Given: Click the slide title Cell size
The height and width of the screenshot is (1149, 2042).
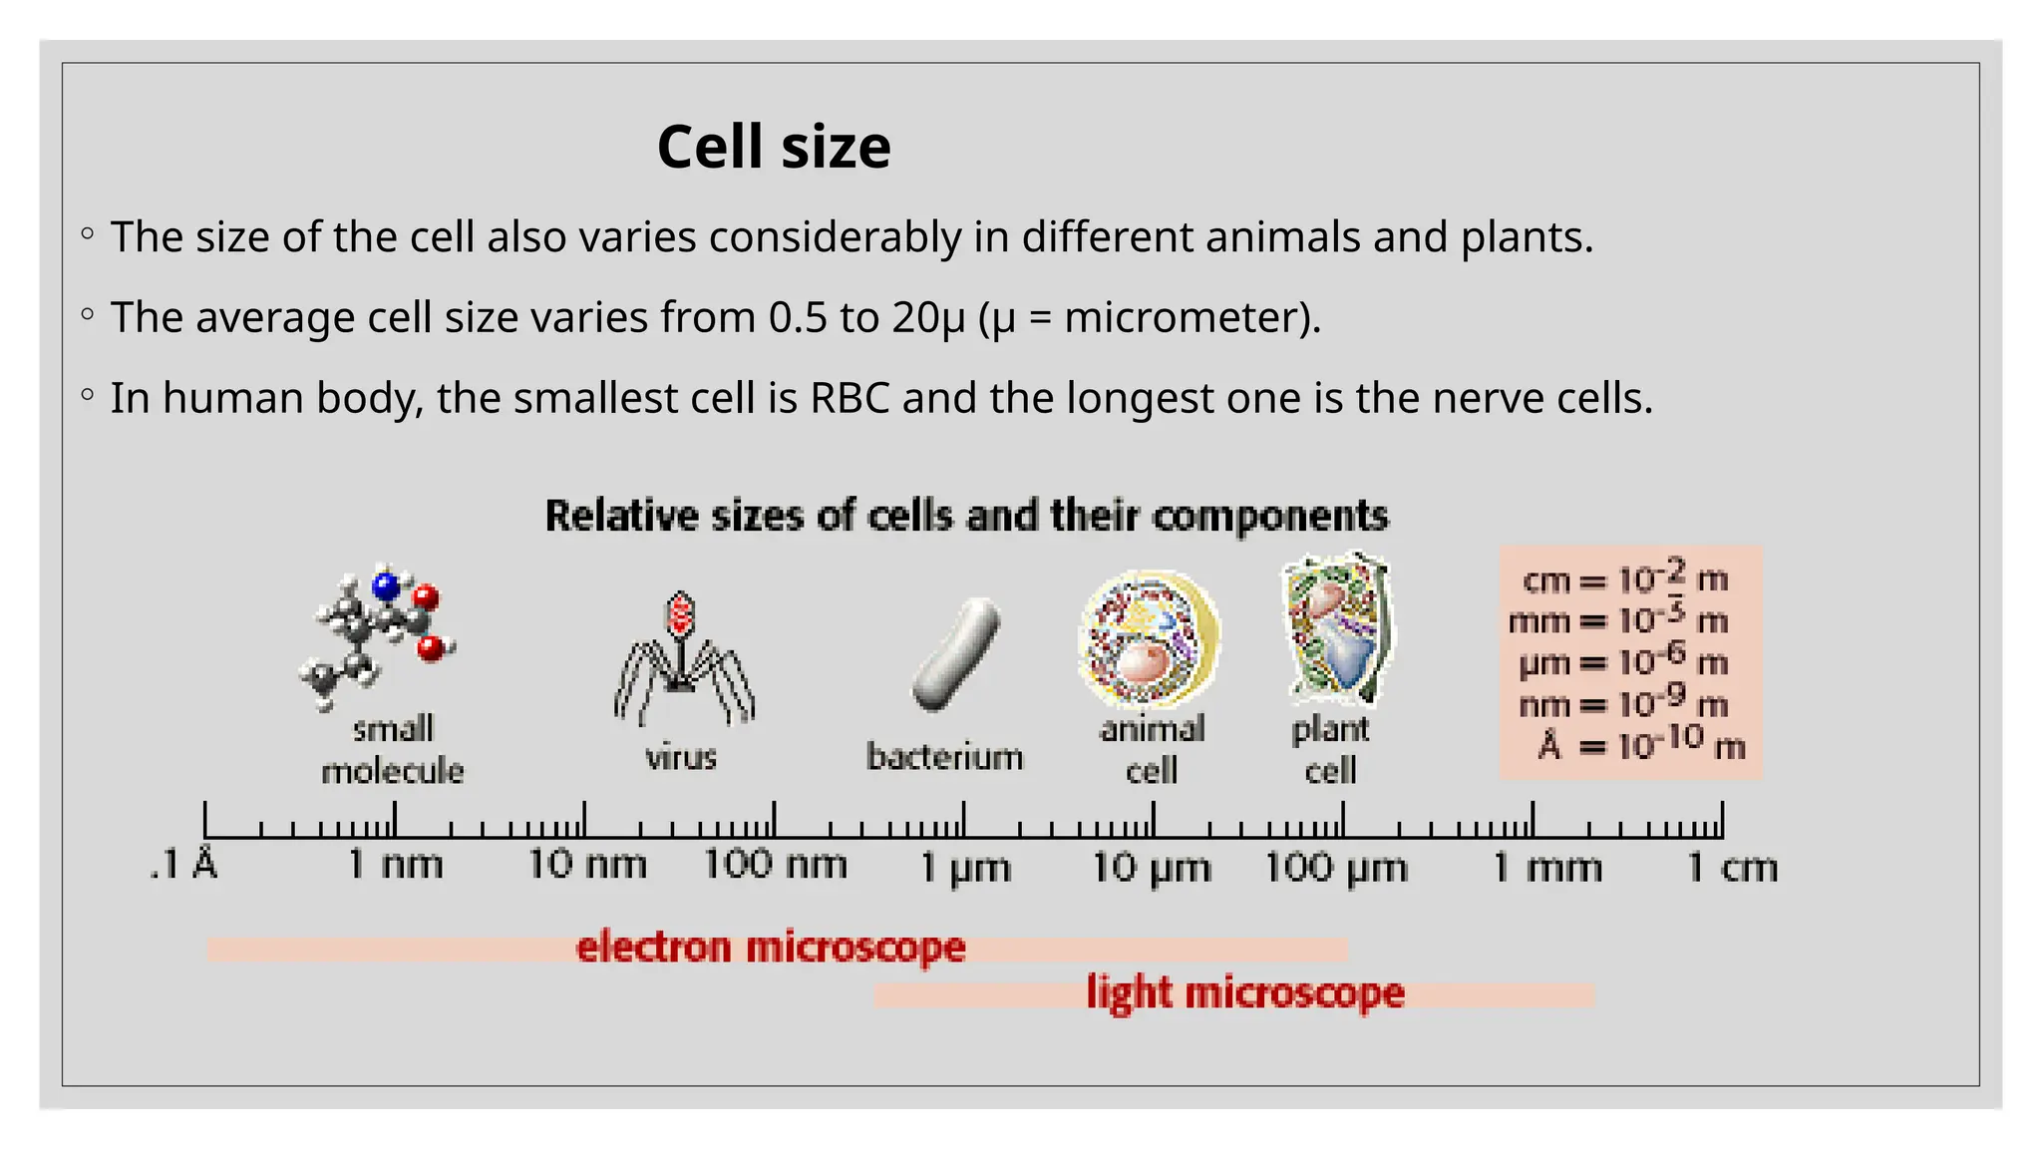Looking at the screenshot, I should (x=774, y=148).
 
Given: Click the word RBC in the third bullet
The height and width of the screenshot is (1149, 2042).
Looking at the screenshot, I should (x=850, y=398).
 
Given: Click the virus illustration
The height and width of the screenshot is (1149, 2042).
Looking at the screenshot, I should (x=682, y=658).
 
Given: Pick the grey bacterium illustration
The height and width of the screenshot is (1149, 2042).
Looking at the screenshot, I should (x=955, y=654).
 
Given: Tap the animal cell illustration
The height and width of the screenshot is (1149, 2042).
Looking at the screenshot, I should (x=1149, y=639).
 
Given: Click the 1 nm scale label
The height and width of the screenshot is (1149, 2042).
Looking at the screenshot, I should (x=395, y=864).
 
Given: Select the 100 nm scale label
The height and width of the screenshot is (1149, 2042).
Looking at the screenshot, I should (x=775, y=864).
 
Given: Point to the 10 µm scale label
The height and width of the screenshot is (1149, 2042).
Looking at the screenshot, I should (x=1151, y=868).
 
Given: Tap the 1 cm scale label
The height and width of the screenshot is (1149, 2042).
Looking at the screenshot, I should (x=1732, y=868).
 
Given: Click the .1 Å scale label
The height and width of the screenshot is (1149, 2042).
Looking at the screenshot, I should (x=184, y=864).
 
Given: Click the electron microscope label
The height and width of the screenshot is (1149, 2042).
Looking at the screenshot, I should (x=771, y=947).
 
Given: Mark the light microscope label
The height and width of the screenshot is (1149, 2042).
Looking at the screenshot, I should (x=1245, y=993).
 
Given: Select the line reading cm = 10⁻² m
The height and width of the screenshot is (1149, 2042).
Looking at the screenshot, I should (x=1625, y=578).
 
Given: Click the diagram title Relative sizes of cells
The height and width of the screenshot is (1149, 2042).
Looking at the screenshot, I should (x=966, y=516).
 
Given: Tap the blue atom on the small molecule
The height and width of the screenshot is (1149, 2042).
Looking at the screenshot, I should (x=386, y=585).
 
